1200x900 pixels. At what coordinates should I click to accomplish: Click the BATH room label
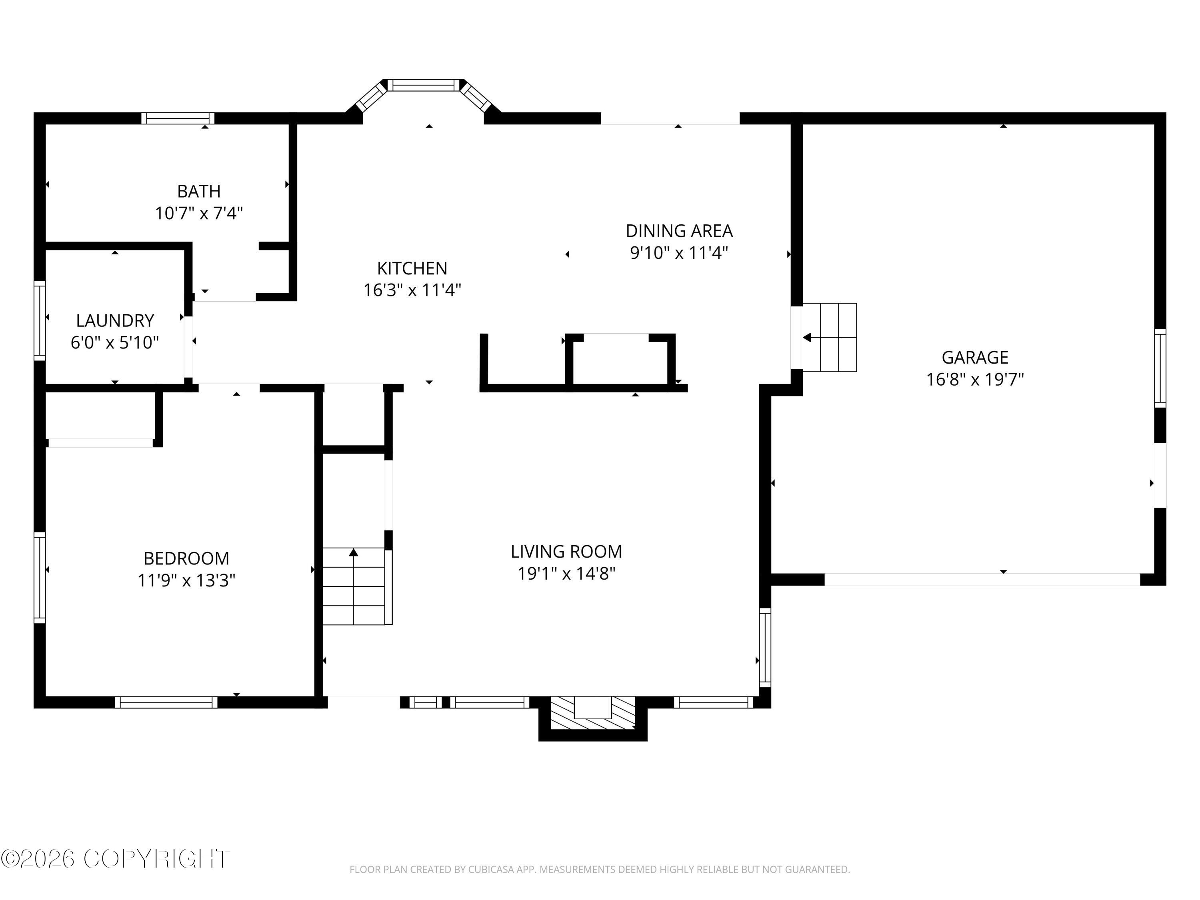tap(198, 192)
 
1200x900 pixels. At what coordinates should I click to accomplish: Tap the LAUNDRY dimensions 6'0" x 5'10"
tap(114, 343)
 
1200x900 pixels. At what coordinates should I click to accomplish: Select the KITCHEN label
tap(412, 268)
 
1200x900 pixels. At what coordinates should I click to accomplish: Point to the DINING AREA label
tap(679, 231)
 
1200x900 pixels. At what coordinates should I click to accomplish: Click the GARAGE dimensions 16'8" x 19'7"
tap(974, 379)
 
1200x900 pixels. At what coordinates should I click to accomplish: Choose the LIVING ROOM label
tap(566, 552)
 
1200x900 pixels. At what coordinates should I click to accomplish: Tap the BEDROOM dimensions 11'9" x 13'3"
tap(186, 580)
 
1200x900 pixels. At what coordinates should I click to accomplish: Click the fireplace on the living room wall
tap(592, 712)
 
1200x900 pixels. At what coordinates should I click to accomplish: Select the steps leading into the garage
tap(830, 338)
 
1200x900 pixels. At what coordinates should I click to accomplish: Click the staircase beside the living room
tap(354, 586)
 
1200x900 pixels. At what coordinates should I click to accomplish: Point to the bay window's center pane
tap(423, 85)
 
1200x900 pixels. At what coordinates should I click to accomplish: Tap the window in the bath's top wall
tap(178, 118)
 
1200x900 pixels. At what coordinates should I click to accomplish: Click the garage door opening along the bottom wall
tap(982, 579)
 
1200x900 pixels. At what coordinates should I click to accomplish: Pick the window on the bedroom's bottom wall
tap(166, 702)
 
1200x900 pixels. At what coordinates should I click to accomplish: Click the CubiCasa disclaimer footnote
tap(600, 870)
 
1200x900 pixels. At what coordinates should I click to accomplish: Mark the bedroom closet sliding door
tap(101, 443)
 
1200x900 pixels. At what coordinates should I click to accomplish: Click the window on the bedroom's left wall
tap(40, 577)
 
